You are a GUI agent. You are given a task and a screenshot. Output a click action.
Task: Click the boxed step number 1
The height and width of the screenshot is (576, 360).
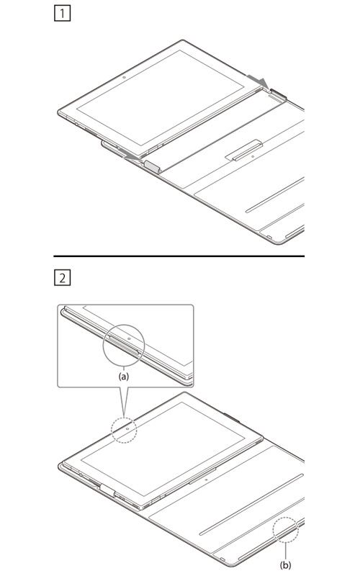click(62, 14)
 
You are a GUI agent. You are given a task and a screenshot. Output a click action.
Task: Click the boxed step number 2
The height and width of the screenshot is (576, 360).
click(62, 278)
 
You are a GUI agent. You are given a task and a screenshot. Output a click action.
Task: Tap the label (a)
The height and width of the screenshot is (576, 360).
click(123, 376)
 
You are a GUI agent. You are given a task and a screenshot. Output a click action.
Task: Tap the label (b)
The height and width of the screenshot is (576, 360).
click(285, 564)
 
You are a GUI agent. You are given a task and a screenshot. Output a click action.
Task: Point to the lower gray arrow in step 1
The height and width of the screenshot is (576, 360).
click(132, 156)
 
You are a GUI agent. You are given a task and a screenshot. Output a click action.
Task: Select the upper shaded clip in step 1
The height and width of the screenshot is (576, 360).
click(279, 94)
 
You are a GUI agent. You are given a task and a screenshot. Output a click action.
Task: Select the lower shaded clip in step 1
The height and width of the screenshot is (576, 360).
click(152, 167)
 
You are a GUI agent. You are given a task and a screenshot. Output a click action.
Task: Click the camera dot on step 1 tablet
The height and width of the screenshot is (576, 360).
click(124, 78)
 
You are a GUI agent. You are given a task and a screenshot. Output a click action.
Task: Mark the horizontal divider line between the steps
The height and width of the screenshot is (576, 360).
click(179, 256)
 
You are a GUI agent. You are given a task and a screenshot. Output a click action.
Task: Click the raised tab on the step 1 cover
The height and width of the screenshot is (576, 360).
click(244, 150)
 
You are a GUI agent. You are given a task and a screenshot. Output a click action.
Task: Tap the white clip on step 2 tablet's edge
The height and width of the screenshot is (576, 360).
click(107, 490)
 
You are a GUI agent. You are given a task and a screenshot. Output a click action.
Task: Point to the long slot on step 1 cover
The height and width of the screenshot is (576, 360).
click(275, 195)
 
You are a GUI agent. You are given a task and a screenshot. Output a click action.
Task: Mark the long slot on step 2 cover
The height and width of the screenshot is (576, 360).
click(251, 505)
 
